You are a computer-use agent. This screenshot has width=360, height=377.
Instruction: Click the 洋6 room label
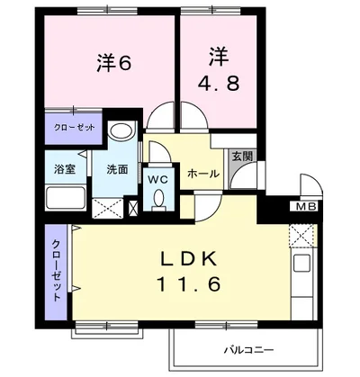tap(114, 62)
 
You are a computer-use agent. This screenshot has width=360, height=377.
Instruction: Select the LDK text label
tap(189, 258)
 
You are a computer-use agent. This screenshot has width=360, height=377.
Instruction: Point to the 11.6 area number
tap(189, 283)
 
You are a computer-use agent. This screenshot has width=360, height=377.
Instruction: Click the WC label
tap(158, 180)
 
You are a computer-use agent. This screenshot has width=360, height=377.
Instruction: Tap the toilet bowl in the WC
tap(158, 200)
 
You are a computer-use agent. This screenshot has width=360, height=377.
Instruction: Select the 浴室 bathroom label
tap(65, 169)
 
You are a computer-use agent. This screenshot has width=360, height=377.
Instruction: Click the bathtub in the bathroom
tap(66, 198)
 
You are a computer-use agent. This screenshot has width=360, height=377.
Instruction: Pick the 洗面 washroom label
tap(117, 169)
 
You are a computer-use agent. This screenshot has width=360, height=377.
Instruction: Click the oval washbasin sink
tap(121, 130)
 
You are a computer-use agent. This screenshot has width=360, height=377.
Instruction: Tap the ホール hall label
tap(203, 174)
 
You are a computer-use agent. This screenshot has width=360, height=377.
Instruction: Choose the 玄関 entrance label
tap(243, 156)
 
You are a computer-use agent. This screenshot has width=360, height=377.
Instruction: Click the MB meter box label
tap(306, 206)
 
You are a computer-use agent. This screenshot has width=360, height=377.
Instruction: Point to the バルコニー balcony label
tap(249, 350)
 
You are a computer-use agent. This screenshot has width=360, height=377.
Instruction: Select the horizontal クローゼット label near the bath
tap(74, 127)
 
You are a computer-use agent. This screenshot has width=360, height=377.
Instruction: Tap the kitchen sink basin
tap(301, 263)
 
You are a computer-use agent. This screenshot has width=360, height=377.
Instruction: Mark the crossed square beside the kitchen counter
tap(301, 236)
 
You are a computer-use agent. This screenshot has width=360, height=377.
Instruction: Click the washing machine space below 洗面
tap(107, 208)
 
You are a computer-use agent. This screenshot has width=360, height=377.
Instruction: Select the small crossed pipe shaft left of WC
tap(133, 208)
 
